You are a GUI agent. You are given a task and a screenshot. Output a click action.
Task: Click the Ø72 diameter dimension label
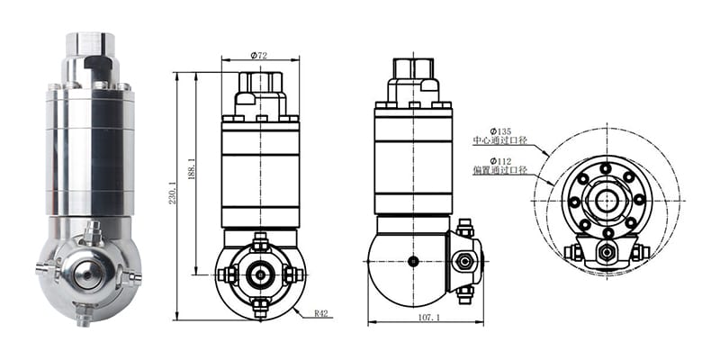tap(259, 56)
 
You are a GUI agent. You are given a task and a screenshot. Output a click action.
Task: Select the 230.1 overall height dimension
tap(173, 192)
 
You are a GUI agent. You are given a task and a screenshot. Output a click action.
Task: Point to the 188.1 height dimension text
tap(191, 169)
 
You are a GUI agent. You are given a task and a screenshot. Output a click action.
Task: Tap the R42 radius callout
tap(321, 313)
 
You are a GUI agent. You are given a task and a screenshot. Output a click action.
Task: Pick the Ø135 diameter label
tap(500, 132)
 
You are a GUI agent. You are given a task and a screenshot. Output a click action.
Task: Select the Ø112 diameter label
tap(500, 161)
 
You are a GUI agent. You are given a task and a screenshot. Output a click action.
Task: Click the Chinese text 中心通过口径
tap(499, 140)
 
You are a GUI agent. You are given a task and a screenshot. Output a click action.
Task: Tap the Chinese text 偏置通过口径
tap(499, 170)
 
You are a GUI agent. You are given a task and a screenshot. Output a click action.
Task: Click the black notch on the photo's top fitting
tap(97, 65)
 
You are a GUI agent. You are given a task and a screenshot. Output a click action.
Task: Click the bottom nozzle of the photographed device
tap(84, 315)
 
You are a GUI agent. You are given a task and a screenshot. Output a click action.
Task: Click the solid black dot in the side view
tap(413, 261)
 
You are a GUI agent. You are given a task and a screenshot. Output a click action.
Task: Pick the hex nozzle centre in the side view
tap(463, 261)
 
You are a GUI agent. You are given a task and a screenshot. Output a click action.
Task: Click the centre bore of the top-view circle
tap(607, 201)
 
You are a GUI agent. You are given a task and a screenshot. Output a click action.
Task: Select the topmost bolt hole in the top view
tap(606, 168)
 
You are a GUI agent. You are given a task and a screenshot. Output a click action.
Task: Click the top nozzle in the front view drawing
tap(260, 242)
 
